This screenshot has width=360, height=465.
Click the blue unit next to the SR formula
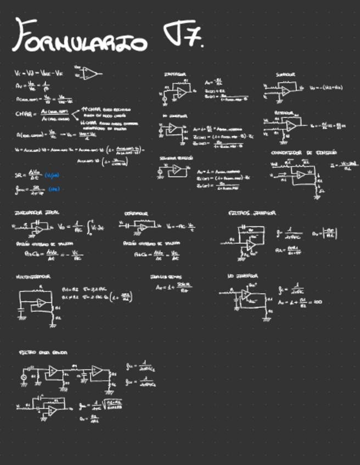pyautogui.click(x=53, y=175)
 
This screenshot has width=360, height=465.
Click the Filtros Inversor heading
pyautogui.click(x=252, y=213)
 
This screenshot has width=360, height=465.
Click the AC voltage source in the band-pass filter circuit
pyautogui.click(x=24, y=378)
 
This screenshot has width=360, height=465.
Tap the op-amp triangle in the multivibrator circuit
pyautogui.click(x=40, y=303)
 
